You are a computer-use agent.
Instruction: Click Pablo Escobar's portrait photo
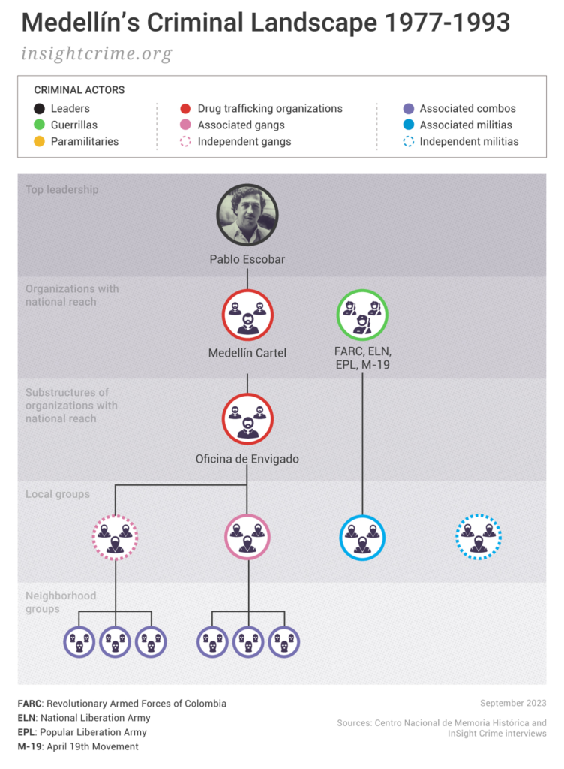click(247, 215)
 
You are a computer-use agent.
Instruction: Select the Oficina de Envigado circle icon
click(247, 419)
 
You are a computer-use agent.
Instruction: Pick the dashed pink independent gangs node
click(115, 538)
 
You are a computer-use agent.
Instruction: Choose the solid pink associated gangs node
click(247, 538)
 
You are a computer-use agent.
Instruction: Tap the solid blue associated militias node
click(362, 538)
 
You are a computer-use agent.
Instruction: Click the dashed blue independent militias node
click(478, 538)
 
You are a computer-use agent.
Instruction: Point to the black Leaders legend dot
click(40, 108)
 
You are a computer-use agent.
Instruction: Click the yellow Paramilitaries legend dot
click(40, 141)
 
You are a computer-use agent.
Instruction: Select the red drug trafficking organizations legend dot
click(186, 108)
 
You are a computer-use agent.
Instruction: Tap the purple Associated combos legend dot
click(408, 108)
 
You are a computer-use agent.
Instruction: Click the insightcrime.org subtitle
click(97, 54)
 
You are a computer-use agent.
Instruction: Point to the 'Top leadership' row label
click(61, 190)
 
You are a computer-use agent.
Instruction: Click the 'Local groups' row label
click(58, 494)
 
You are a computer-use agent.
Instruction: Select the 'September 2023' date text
click(513, 703)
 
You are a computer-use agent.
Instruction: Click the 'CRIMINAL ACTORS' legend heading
click(79, 90)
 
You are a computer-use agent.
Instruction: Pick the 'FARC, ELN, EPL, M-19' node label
click(363, 357)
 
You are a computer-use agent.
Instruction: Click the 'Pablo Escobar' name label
click(247, 260)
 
